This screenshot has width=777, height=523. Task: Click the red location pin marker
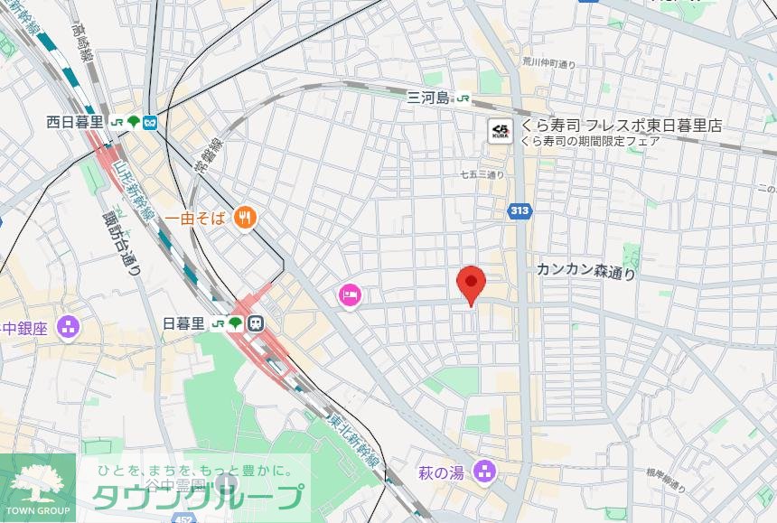471,285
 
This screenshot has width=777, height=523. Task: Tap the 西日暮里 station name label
75,122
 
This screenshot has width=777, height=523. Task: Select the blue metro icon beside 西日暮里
150,122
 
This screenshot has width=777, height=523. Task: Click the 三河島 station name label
427,98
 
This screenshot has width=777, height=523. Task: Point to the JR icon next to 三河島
463,98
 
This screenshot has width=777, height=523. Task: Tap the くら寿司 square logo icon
501,132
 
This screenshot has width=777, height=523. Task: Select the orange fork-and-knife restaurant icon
245,218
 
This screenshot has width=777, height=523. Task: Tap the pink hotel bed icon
349,294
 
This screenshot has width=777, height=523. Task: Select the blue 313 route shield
519,211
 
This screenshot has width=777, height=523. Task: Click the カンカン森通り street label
585,270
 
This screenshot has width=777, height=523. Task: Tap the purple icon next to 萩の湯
485,472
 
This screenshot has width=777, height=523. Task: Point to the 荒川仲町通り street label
549,63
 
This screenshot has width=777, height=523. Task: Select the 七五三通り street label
482,173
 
